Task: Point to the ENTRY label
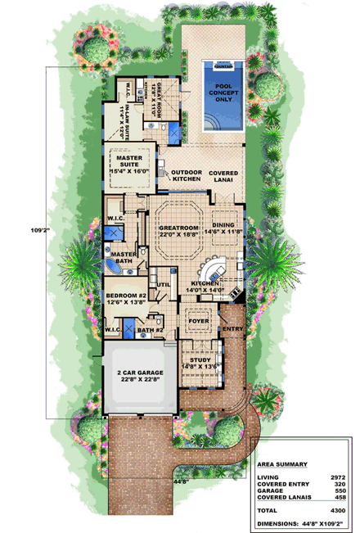click(x=233, y=330)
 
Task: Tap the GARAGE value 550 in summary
click(x=337, y=490)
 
